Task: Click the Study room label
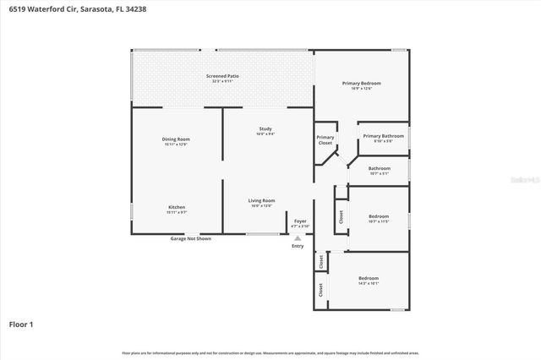coord(265,130)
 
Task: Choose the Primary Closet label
coord(325,140)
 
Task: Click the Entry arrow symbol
coord(298,238)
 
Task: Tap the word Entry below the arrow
coord(298,246)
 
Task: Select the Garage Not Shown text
coord(190,239)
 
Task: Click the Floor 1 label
coord(21,324)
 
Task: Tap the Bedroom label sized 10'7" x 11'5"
coord(379,219)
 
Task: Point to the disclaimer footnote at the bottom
coord(270,352)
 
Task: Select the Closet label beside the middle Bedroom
coord(341,216)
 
